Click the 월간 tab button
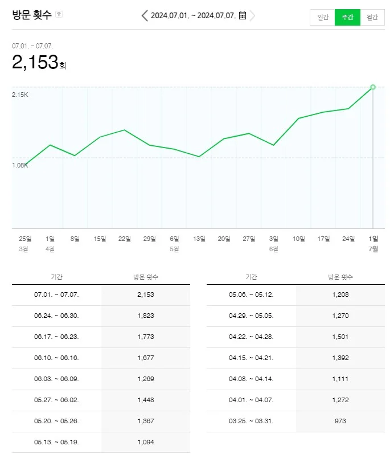tap(372, 17)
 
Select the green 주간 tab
tap(347, 17)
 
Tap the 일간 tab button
tap(323, 17)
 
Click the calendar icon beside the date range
tap(243, 15)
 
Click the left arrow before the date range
tap(145, 15)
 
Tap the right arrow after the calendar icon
tap(253, 15)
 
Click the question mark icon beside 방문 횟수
tap(59, 14)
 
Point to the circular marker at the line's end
tap(373, 87)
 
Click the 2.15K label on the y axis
tap(20, 95)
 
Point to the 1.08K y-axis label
tap(20, 165)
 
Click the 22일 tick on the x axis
tap(125, 239)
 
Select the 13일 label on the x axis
tap(199, 239)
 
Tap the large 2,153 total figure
tap(35, 62)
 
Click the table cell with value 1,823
tap(146, 316)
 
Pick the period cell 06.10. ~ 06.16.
tap(56, 358)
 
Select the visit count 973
tap(340, 421)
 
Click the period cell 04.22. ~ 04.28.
tap(251, 337)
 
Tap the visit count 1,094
tap(146, 442)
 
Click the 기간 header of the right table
tap(251, 277)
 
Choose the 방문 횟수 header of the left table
tap(146, 277)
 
